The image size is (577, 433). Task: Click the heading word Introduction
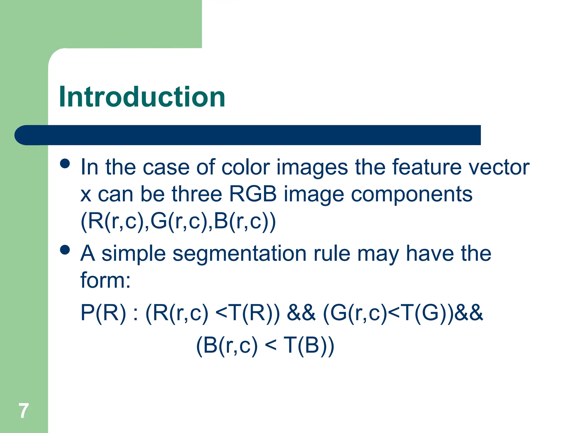(142, 97)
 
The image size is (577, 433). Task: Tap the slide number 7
(24, 411)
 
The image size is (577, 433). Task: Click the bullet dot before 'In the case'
(65, 164)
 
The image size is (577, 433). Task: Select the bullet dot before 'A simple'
(65, 250)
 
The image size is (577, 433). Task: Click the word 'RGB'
(253, 194)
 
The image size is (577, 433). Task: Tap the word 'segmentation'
(239, 254)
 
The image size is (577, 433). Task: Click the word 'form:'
(106, 280)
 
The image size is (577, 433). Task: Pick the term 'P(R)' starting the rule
(103, 313)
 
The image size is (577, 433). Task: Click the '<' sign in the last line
(271, 346)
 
